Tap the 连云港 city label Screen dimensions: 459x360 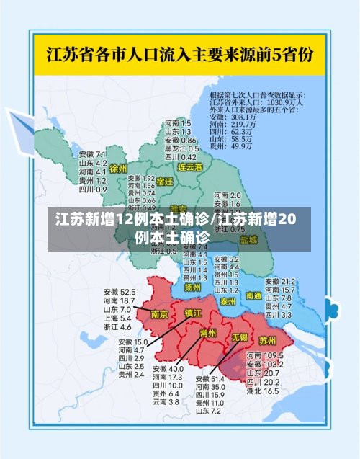190,167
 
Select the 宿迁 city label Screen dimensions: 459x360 165,182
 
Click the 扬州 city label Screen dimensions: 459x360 193,287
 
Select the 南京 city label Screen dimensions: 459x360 160,314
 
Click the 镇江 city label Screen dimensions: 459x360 194,313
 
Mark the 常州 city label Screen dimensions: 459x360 208,333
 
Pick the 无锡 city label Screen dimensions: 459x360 239,337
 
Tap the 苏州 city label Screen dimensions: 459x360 268,339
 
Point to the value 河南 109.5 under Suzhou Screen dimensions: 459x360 262,356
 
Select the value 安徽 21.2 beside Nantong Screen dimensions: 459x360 280,281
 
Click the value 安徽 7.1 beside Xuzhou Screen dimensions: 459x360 92,154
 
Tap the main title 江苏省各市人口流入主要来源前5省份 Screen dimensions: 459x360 180,54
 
